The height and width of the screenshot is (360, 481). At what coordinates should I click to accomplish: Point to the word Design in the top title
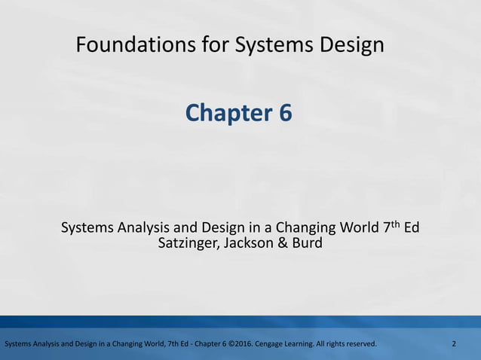(x=351, y=46)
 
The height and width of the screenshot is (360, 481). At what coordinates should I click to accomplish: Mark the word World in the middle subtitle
(x=360, y=227)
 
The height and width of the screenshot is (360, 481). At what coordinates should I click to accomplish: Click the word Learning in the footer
(x=302, y=344)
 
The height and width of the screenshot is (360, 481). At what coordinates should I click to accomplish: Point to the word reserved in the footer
(x=361, y=344)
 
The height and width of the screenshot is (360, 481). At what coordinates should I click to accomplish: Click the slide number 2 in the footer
(x=454, y=344)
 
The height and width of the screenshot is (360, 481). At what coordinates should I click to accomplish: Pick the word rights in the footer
(x=336, y=344)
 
